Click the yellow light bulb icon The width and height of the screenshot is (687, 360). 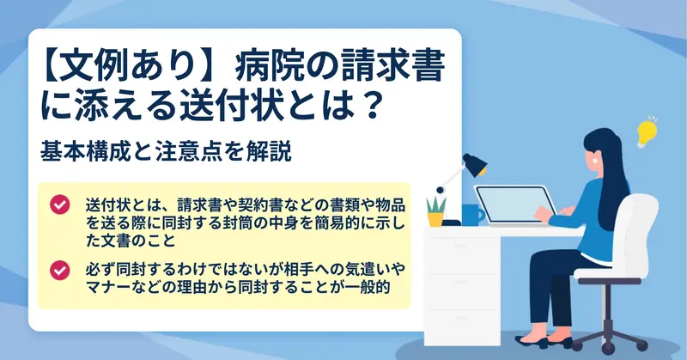(647, 132)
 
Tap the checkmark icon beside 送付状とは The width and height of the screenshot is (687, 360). (60, 204)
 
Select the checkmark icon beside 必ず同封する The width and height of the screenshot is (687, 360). (60, 270)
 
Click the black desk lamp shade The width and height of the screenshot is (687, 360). (475, 165)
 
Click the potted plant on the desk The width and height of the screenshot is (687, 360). (436, 211)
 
